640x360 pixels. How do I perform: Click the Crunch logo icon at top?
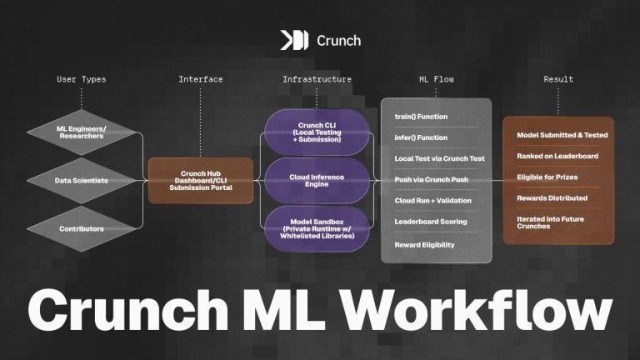[294, 39]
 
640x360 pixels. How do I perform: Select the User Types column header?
[82, 80]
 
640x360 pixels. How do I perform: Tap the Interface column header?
[201, 80]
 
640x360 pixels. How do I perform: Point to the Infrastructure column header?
[317, 80]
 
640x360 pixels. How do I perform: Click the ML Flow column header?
[436, 80]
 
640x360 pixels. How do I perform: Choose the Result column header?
[558, 80]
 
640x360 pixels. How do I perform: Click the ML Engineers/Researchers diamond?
[82, 133]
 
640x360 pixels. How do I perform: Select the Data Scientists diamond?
[82, 181]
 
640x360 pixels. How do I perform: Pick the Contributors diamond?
[82, 228]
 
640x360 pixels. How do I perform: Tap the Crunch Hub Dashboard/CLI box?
[201, 181]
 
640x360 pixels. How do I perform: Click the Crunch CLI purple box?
[317, 132]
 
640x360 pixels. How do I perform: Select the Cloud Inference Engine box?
[317, 181]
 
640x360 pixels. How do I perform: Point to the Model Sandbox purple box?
[317, 228]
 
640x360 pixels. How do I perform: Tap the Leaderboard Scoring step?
[431, 222]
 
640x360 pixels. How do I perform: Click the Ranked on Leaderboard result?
[556, 156]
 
